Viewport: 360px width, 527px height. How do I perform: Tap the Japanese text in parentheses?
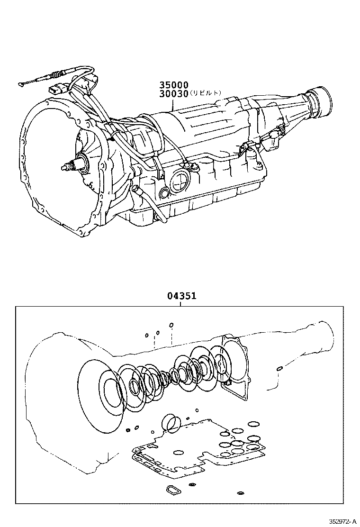(x=206, y=93)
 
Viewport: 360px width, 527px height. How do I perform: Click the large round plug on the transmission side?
(x=180, y=181)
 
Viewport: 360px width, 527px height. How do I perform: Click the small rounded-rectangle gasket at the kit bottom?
(x=171, y=489)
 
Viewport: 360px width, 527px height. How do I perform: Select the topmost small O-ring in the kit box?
(x=171, y=325)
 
